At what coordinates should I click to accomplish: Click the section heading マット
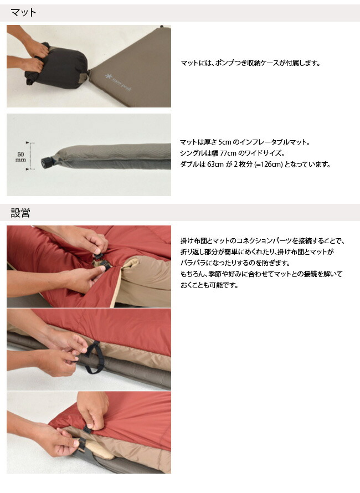[23, 12]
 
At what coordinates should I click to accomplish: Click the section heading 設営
[20, 213]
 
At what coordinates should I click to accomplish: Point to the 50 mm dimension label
[20, 156]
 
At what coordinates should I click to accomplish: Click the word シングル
[194, 153]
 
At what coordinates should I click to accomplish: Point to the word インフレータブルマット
[279, 142]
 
